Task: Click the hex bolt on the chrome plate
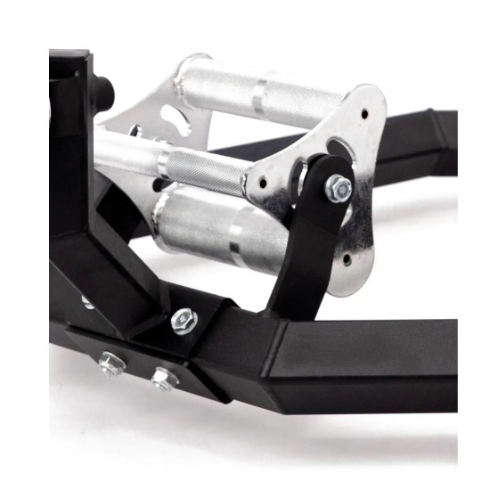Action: [x=338, y=186]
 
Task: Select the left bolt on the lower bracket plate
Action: [x=110, y=363]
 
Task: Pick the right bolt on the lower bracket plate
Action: [x=162, y=379]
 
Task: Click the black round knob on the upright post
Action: [x=105, y=89]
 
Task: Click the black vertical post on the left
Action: [x=69, y=160]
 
